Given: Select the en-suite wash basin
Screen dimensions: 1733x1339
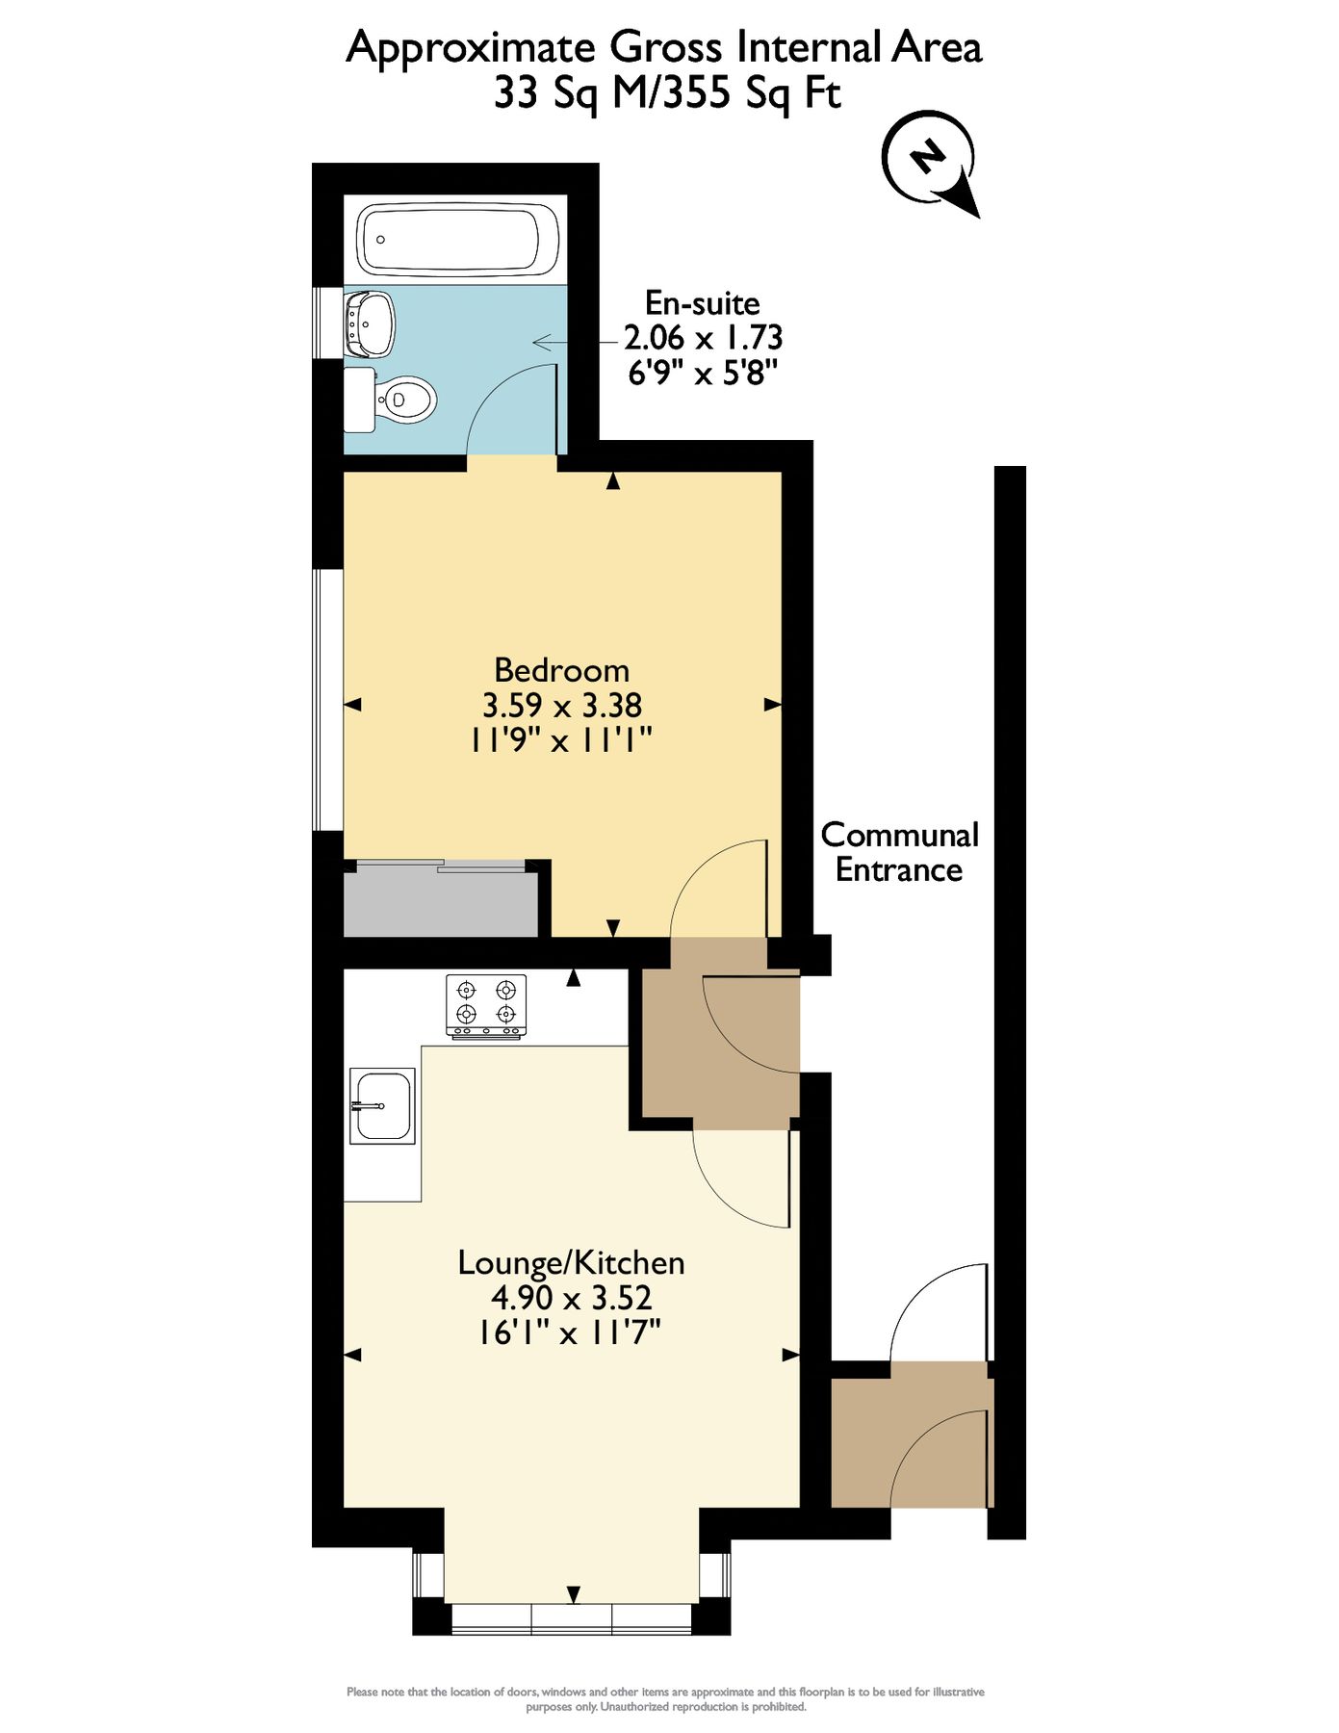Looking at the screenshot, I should [371, 323].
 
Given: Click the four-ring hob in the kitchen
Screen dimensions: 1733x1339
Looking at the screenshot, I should [486, 1005].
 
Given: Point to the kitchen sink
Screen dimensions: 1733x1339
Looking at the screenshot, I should [382, 1105].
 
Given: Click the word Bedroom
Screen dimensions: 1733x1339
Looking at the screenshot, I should [561, 670].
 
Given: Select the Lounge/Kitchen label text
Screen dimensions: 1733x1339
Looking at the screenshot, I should [571, 1262].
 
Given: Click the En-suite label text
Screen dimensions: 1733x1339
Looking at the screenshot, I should [702, 303].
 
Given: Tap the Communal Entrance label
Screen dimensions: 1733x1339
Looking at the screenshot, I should [899, 852].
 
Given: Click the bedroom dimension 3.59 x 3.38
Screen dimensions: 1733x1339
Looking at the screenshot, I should [561, 706].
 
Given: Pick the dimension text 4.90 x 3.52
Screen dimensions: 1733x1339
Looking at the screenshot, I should [571, 1298].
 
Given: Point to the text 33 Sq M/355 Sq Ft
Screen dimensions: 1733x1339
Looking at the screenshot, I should [667, 93].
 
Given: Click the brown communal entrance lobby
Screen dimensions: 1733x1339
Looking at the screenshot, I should [910, 1435].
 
